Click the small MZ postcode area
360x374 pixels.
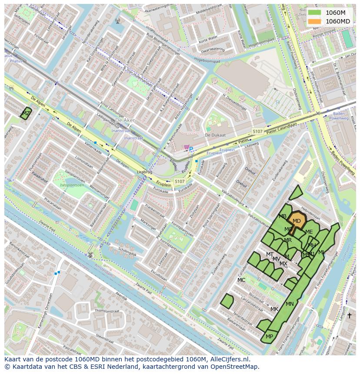click(x=26, y=113)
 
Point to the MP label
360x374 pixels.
click(x=269, y=337)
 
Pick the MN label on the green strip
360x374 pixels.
click(x=290, y=304)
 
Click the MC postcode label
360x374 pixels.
click(x=241, y=280)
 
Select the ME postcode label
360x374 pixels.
click(x=309, y=232)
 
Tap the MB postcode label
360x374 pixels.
click(x=283, y=216)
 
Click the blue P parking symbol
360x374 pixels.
click(x=191, y=149)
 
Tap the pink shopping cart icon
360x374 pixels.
click(x=186, y=147)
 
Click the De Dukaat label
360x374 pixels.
click(x=215, y=135)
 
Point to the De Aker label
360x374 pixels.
click(x=125, y=120)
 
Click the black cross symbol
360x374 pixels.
click(x=349, y=315)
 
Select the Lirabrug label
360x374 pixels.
click(x=145, y=172)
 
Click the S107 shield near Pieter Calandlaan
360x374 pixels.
click(x=257, y=131)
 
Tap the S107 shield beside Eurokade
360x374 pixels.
click(x=179, y=181)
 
